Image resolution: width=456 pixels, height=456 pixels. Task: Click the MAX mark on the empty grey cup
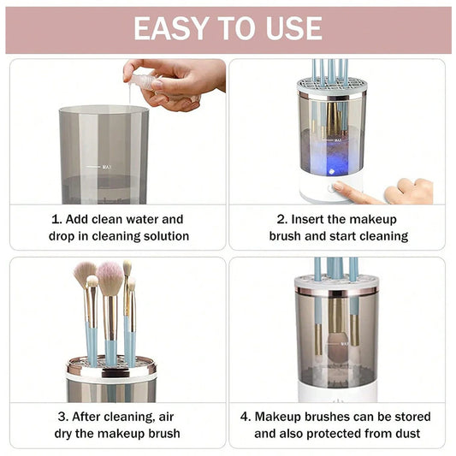point(107,167)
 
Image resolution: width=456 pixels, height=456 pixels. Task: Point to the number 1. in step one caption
point(56,219)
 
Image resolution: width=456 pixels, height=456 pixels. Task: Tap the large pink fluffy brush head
point(110,278)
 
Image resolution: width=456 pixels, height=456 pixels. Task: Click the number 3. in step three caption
point(62,417)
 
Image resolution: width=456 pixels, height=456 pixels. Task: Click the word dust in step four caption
point(406,433)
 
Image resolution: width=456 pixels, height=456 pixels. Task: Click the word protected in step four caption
point(328,433)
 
